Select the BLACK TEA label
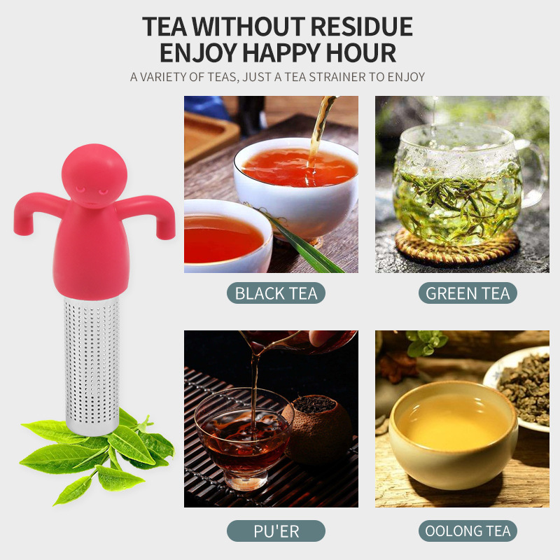276,293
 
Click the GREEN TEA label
468,293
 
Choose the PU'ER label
276,531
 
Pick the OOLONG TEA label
468,531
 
